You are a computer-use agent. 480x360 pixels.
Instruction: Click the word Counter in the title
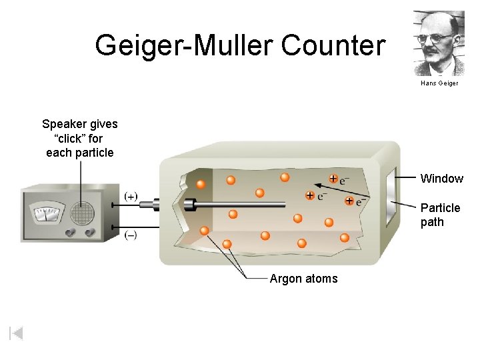click(333, 46)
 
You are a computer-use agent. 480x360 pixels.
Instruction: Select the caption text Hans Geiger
click(439, 83)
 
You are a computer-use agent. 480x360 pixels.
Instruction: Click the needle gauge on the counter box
click(46, 213)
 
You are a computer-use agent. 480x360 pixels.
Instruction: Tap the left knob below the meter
click(71, 233)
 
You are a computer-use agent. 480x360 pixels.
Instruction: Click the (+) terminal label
click(131, 196)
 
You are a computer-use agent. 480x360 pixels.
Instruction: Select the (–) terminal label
click(131, 235)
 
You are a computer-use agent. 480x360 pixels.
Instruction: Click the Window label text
click(441, 179)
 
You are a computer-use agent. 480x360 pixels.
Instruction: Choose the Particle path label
click(440, 215)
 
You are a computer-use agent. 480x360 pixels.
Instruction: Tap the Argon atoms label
click(303, 279)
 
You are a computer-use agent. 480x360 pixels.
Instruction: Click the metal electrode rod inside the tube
click(240, 203)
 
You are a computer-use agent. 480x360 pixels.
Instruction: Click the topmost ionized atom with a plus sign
click(333, 179)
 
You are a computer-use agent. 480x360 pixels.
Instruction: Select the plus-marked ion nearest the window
click(349, 201)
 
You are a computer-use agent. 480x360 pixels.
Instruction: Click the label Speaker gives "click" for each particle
click(79, 138)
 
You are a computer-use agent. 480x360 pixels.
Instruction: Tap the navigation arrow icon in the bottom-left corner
click(17, 333)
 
